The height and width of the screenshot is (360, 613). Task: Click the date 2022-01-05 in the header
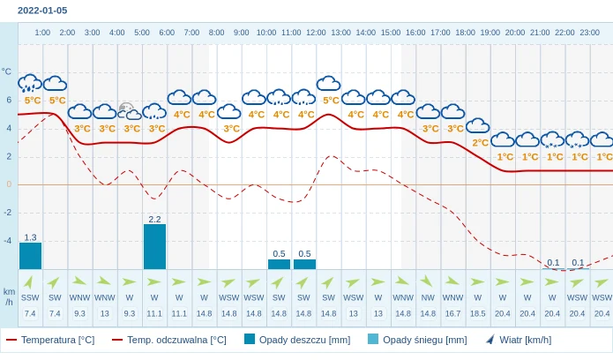(x=42, y=11)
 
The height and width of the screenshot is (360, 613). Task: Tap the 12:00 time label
(x=316, y=33)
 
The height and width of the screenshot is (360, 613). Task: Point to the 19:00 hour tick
(x=490, y=33)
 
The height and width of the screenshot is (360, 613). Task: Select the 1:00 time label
(x=42, y=33)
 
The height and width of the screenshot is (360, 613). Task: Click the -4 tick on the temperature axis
(x=7, y=241)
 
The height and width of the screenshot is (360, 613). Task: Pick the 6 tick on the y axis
(x=9, y=100)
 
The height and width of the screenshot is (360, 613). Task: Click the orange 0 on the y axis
(x=9, y=184)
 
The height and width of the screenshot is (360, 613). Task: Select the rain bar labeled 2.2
(x=154, y=246)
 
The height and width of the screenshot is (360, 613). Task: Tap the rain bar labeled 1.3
(x=30, y=256)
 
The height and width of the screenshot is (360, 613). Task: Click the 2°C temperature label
(x=480, y=143)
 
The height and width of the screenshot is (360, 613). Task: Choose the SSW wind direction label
(x=30, y=297)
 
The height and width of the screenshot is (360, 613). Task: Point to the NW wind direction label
(x=428, y=297)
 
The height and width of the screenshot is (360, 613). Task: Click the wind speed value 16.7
(x=452, y=313)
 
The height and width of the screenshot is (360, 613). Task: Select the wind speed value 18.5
(x=477, y=313)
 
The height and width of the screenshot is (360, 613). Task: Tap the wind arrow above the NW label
(x=428, y=281)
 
